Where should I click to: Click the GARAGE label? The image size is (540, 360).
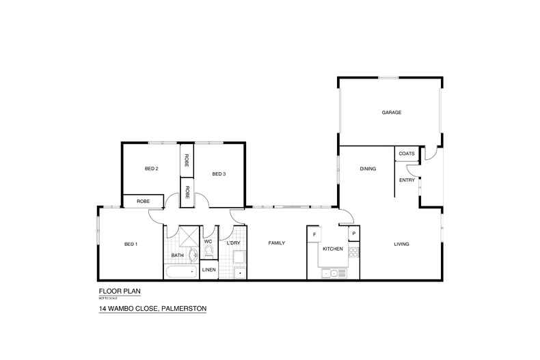point(392,113)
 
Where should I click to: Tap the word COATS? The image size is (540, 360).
point(407,154)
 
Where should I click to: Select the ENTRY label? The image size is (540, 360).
point(407,180)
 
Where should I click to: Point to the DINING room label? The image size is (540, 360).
point(368,169)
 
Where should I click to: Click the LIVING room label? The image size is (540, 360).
point(401,244)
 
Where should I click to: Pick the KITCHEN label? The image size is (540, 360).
point(333,249)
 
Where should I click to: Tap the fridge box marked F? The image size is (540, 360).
point(314,234)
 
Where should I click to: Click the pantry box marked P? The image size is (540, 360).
point(353,234)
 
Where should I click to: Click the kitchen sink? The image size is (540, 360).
point(333,273)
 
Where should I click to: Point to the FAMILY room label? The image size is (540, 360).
point(276,243)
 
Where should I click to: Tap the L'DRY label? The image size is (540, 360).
point(233,243)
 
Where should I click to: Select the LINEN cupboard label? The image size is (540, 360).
point(209,271)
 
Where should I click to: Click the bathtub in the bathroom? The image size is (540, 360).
point(181,273)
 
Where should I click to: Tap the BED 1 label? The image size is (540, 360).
point(131,244)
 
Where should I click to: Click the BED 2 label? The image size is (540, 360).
point(152,169)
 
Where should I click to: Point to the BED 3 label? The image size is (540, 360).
point(219,174)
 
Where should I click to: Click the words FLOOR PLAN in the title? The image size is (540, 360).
point(120,290)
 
